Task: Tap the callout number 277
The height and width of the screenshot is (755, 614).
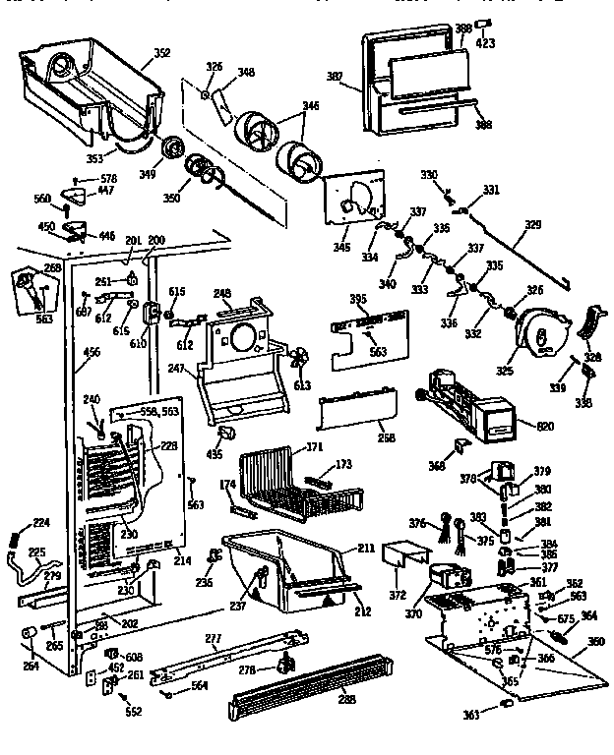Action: click(x=238, y=640)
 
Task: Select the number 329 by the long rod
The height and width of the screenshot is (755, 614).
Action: click(x=531, y=225)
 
